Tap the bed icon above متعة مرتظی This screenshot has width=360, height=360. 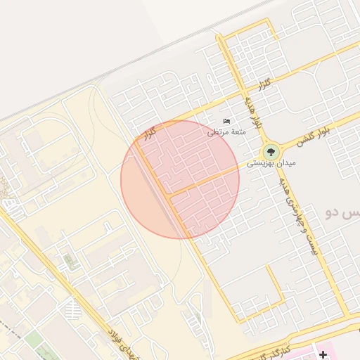[x=226, y=122]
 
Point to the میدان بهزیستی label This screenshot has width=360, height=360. [x=271, y=163]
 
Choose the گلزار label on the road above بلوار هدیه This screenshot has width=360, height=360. [x=264, y=84]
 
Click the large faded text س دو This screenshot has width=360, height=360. [x=341, y=212]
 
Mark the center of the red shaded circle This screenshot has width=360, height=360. [x=180, y=179]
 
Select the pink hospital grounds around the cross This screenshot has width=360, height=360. [x=309, y=354]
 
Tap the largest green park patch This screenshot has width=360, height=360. [x=35, y=352]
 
